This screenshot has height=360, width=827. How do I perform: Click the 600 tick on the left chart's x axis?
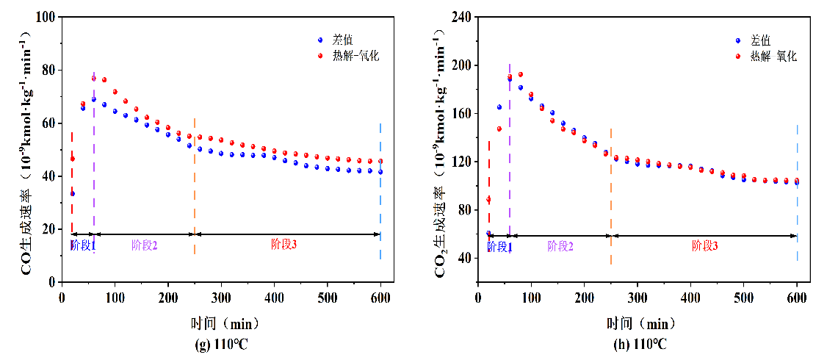click(380, 297)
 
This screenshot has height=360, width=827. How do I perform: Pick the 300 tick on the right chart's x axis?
click(638, 297)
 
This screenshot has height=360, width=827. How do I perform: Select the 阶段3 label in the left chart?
click(284, 245)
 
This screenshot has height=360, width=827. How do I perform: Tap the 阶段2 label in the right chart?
click(560, 247)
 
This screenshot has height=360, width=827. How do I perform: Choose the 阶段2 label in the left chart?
click(144, 245)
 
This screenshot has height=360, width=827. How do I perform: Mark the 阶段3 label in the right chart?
click(704, 247)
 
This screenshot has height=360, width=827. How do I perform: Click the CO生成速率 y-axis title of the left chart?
click(26, 151)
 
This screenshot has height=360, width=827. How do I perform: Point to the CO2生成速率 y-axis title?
click(442, 151)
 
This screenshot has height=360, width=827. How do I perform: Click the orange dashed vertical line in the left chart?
click(195, 184)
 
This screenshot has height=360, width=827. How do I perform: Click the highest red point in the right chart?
click(520, 74)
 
